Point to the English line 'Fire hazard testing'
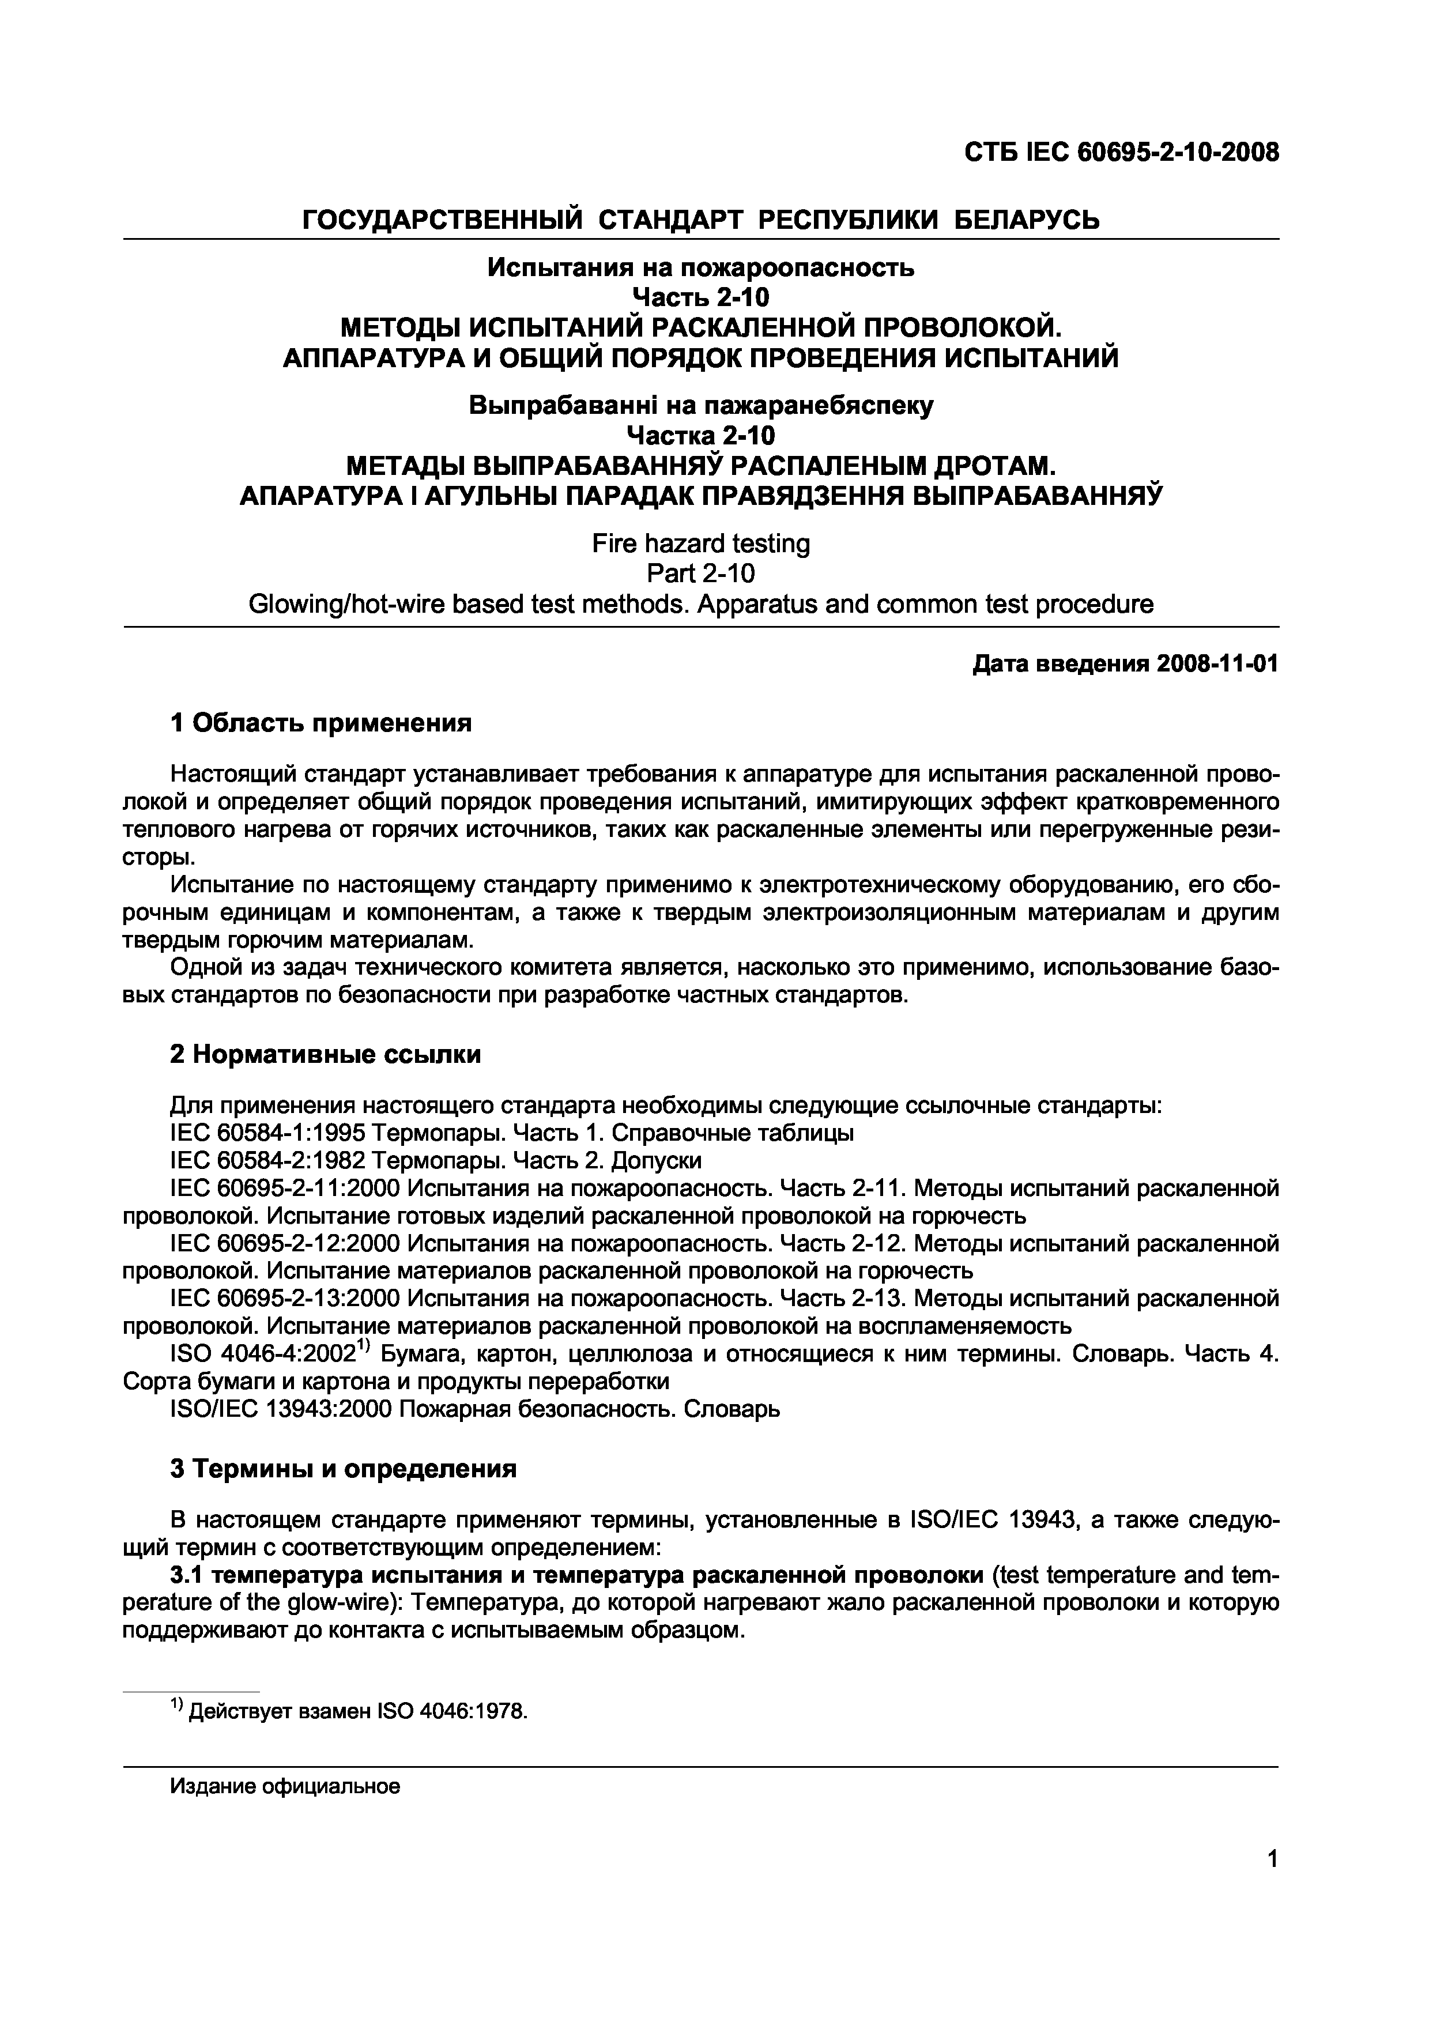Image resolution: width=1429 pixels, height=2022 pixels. tap(701, 544)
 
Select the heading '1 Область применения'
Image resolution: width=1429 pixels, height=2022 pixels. tap(322, 723)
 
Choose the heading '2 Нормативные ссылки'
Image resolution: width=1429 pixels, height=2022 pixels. tap(326, 1054)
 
